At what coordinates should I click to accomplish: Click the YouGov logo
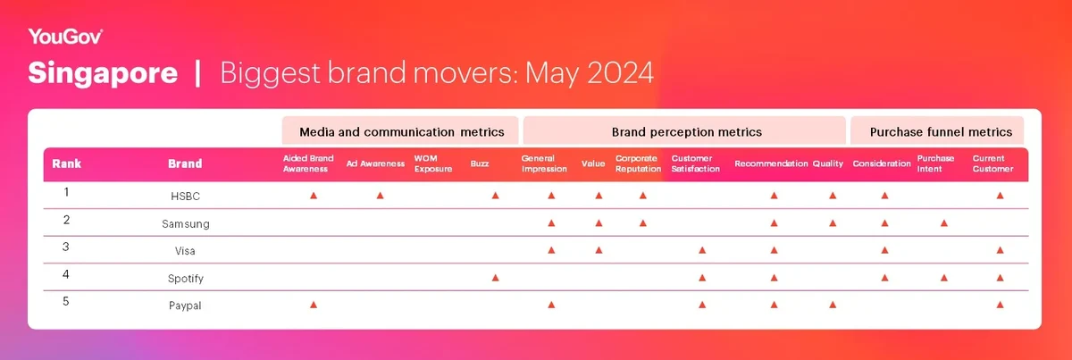(65, 37)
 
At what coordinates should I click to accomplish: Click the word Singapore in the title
(103, 72)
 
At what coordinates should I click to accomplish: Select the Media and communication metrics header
(401, 131)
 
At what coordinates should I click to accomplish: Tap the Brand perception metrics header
(686, 131)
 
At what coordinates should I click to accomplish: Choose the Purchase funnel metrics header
(941, 131)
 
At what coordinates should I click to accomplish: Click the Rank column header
(66, 163)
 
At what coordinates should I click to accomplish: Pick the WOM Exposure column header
(433, 163)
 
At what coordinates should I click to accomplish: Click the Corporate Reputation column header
(638, 163)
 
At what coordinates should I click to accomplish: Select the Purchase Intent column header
(935, 163)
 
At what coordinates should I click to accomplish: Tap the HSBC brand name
(185, 196)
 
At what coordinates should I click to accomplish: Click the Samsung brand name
(186, 223)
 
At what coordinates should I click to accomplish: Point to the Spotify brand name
(186, 279)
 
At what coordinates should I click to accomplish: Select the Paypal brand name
(185, 306)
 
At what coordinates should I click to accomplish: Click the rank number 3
(66, 247)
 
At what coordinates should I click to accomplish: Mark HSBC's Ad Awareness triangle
(380, 196)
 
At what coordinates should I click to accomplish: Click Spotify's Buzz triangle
(495, 278)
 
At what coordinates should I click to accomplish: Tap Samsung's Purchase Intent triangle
(943, 223)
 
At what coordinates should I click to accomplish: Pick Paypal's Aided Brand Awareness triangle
(314, 305)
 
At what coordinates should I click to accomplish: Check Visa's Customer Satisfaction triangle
(702, 250)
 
